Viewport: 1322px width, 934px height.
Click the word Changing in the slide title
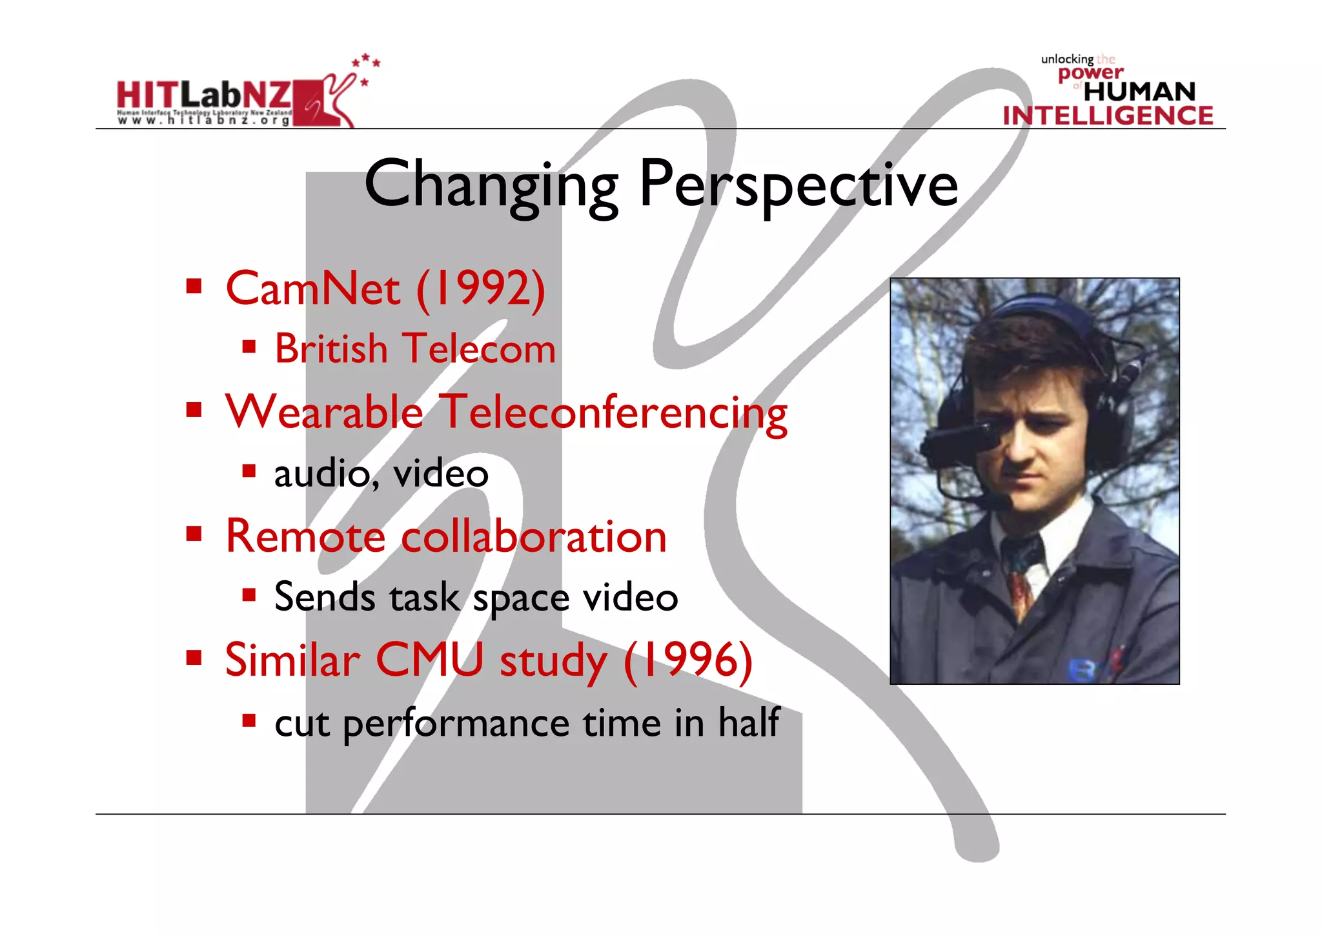point(491,186)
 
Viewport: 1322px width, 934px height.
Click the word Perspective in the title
point(798,186)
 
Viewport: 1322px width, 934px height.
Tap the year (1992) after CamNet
point(481,289)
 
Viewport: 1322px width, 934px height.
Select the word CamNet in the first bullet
point(312,289)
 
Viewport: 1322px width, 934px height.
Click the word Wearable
point(324,412)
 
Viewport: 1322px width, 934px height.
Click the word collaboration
point(533,537)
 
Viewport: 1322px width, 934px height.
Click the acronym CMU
point(429,660)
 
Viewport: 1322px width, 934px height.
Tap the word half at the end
point(749,722)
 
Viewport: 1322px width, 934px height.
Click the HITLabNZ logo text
point(203,96)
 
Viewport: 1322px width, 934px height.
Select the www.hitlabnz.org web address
point(203,120)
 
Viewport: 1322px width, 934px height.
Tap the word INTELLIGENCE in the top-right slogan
point(1108,116)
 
